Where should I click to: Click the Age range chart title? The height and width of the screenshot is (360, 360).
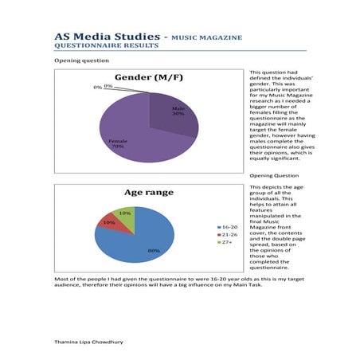pos(147,193)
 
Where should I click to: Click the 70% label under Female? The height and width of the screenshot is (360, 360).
pos(116,147)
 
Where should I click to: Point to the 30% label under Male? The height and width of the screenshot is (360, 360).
pos(178,114)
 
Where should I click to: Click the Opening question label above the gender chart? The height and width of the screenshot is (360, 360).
pos(76,61)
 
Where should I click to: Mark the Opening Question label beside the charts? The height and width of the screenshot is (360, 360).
pos(274,175)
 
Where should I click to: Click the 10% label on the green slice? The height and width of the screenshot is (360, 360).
pos(125,213)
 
